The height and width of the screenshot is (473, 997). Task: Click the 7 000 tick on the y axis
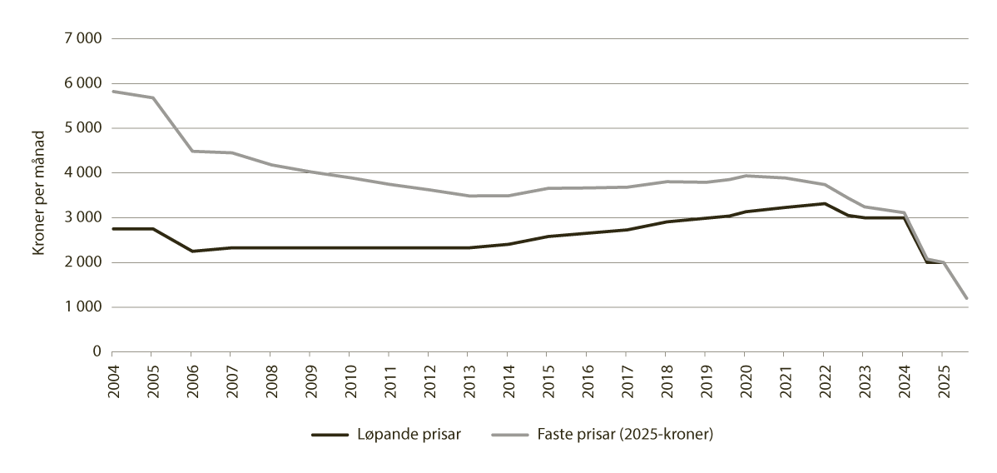(x=82, y=39)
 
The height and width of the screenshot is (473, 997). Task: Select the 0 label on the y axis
(x=97, y=352)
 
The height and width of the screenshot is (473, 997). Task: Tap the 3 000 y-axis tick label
(x=82, y=218)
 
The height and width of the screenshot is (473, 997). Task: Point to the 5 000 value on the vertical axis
(x=82, y=128)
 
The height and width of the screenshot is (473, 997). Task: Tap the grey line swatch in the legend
(x=508, y=434)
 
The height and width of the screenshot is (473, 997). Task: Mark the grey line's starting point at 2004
(x=113, y=92)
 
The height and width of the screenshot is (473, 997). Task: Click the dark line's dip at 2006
(x=192, y=251)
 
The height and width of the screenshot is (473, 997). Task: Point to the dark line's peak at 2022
(x=824, y=203)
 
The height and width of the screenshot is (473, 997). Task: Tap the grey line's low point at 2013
(x=469, y=196)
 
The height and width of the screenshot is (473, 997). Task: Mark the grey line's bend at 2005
(x=153, y=98)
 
